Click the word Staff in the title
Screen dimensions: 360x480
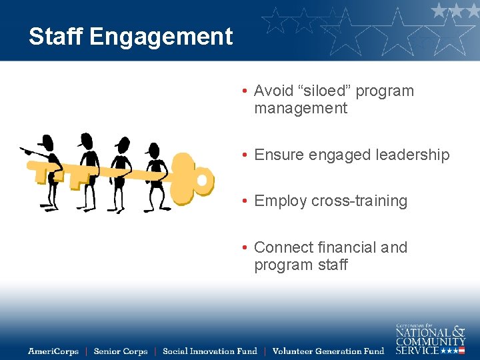pyautogui.click(x=55, y=37)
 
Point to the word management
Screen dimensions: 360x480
pyautogui.click(x=301, y=108)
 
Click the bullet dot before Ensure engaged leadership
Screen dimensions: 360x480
pyautogui.click(x=246, y=155)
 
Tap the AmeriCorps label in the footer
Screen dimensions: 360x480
pyautogui.click(x=53, y=351)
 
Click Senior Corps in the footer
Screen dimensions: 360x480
pyautogui.click(x=121, y=351)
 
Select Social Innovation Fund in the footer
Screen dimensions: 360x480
pyautogui.click(x=209, y=351)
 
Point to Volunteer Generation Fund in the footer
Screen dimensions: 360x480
pyautogui.click(x=328, y=351)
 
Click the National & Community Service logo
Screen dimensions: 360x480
pyautogui.click(x=430, y=339)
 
